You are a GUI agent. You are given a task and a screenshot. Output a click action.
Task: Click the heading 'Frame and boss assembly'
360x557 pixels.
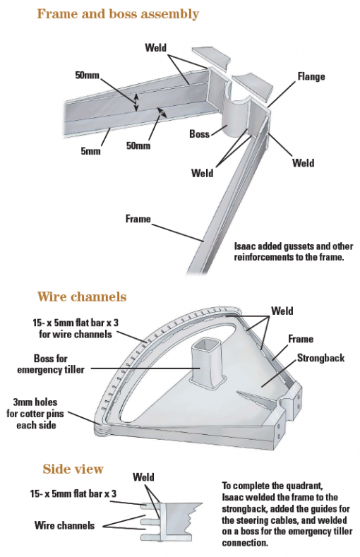(117, 14)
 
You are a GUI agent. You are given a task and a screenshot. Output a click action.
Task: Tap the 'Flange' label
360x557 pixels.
(311, 76)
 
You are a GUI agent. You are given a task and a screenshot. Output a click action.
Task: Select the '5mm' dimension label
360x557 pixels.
(90, 151)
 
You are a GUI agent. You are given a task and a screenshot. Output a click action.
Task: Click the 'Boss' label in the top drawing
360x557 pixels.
(199, 133)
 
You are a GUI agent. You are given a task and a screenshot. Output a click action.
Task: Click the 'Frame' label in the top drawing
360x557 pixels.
(138, 218)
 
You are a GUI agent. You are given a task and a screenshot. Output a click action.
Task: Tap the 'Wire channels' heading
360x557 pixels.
(82, 297)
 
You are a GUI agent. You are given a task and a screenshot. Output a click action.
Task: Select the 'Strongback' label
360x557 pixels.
(320, 358)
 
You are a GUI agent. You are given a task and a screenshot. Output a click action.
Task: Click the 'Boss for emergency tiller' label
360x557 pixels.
(51, 364)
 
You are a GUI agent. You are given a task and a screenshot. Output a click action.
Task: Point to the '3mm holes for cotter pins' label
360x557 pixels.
(35, 414)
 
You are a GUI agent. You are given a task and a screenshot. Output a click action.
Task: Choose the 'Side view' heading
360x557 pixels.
(73, 469)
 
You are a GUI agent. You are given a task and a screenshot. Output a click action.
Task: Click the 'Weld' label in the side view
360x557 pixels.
(143, 477)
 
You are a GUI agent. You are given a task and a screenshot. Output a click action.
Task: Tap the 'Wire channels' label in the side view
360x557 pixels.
(65, 525)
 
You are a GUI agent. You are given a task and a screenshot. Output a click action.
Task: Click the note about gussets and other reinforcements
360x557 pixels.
(293, 251)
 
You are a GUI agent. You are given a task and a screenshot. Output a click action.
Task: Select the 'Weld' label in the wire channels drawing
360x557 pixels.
(282, 311)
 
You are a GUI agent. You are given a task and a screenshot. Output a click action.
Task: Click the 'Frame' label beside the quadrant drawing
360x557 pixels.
(301, 339)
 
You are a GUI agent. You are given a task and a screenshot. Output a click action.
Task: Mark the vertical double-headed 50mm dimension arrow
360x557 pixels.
(136, 102)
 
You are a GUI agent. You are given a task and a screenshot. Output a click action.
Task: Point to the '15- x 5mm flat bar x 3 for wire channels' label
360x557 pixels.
(76, 328)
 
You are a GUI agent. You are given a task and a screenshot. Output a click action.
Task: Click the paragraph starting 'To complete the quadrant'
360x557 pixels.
(287, 514)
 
